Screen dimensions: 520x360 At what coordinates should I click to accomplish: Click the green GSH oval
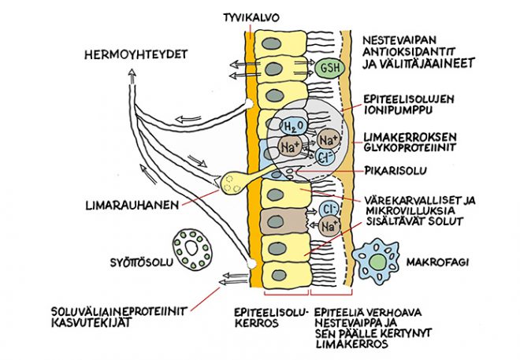pyautogui.click(x=329, y=68)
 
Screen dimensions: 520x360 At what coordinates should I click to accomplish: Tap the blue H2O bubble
pyautogui.click(x=292, y=126)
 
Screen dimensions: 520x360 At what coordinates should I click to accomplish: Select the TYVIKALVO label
pyautogui.click(x=251, y=17)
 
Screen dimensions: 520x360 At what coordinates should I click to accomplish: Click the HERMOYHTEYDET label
pyautogui.click(x=136, y=54)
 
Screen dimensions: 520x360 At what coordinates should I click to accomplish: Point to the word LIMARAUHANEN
pyautogui.click(x=132, y=205)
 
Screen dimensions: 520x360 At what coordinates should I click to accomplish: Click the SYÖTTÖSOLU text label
pyautogui.click(x=142, y=262)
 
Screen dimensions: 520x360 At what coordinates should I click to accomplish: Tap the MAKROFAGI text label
pyautogui.click(x=438, y=262)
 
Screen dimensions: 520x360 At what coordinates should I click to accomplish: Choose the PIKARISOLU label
pyautogui.click(x=396, y=171)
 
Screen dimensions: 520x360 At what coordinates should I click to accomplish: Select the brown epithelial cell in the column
pyautogui.click(x=283, y=221)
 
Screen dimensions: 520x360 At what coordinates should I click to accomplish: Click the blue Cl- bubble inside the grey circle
pyautogui.click(x=325, y=157)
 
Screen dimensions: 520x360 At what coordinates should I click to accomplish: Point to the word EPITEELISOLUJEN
pyautogui.click(x=409, y=99)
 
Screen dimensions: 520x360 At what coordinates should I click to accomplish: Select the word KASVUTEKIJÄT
pyautogui.click(x=91, y=322)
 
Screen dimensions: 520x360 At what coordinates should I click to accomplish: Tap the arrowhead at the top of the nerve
pyautogui.click(x=132, y=72)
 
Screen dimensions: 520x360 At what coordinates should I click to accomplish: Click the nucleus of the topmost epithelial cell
pyautogui.click(x=271, y=43)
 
